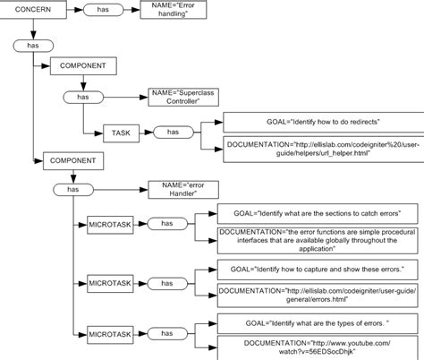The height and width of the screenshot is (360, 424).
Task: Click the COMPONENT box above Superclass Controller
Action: click(82, 65)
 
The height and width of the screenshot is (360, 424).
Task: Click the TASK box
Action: click(120, 132)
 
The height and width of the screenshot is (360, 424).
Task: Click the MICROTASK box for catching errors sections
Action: click(111, 223)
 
